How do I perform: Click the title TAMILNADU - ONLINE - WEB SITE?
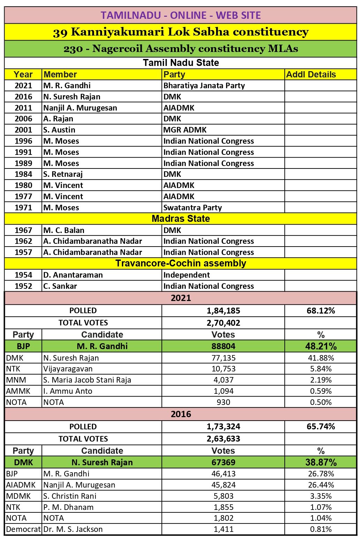[x=181, y=15]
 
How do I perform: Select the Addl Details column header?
[x=311, y=75]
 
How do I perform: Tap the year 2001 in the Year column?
[x=23, y=130]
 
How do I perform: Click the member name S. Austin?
[x=59, y=130]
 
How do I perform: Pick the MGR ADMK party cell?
[x=185, y=130]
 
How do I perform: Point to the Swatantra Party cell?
[x=193, y=208]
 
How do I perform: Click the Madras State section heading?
[x=181, y=219]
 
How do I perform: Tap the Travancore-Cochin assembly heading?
[x=181, y=263]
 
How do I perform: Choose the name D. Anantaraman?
[x=73, y=275]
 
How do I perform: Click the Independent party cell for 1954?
[x=186, y=275]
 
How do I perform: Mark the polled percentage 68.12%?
[x=321, y=310]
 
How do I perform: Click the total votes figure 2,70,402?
[x=223, y=323]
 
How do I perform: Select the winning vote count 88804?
[x=223, y=346]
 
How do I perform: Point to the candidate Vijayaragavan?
[x=63, y=369]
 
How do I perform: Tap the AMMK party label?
[x=18, y=391]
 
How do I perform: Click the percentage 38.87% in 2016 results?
[x=321, y=462]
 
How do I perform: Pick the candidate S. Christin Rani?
[x=70, y=496]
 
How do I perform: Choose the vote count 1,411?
[x=223, y=529]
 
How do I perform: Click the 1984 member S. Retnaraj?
[x=63, y=174]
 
